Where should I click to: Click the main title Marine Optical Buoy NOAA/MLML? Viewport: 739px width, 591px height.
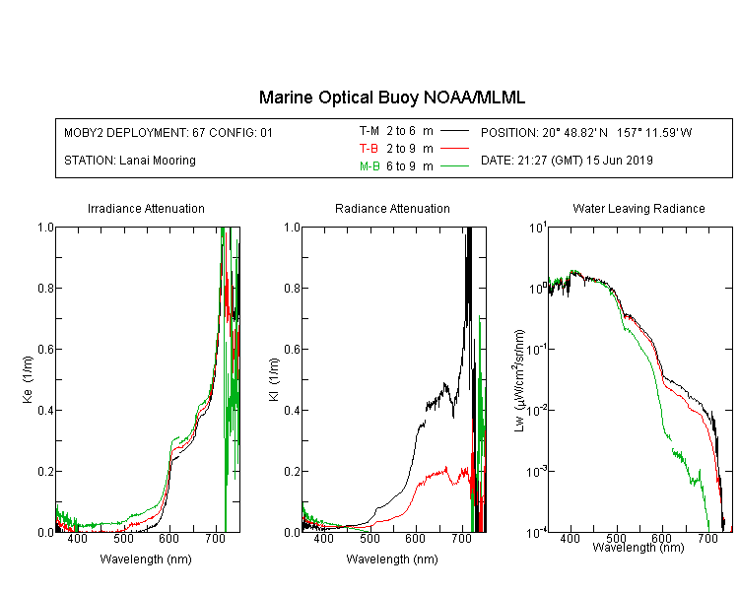[x=391, y=98]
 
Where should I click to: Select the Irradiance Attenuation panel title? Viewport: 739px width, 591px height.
[x=146, y=208]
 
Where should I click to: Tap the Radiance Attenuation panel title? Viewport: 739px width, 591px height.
[x=392, y=208]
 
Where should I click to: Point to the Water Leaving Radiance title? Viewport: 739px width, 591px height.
[x=638, y=208]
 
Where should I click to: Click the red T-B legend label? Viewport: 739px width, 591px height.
[x=369, y=149]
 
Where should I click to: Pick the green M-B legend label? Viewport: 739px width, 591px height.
[x=369, y=166]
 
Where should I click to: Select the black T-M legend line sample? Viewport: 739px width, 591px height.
[x=454, y=131]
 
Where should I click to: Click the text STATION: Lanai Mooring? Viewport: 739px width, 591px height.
[x=130, y=161]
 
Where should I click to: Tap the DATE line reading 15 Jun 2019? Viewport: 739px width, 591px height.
[x=567, y=161]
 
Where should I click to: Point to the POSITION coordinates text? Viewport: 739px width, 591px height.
[x=586, y=132]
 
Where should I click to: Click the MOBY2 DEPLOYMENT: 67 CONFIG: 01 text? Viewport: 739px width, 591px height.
[x=168, y=132]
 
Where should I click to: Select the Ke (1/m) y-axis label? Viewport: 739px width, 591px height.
[x=28, y=379]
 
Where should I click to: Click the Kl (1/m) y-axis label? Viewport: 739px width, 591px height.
[x=273, y=379]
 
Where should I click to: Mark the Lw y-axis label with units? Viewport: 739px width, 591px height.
[x=519, y=380]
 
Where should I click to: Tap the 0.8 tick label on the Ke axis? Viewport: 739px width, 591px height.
[x=45, y=288]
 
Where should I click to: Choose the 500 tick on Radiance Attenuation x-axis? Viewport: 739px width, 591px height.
[x=369, y=538]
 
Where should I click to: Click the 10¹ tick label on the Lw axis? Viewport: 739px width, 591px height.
[x=538, y=228]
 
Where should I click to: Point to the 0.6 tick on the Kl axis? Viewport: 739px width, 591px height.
[x=292, y=350]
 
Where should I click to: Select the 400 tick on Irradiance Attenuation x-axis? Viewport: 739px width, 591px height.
[x=77, y=538]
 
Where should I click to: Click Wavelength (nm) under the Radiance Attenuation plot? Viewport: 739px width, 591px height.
[x=392, y=559]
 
